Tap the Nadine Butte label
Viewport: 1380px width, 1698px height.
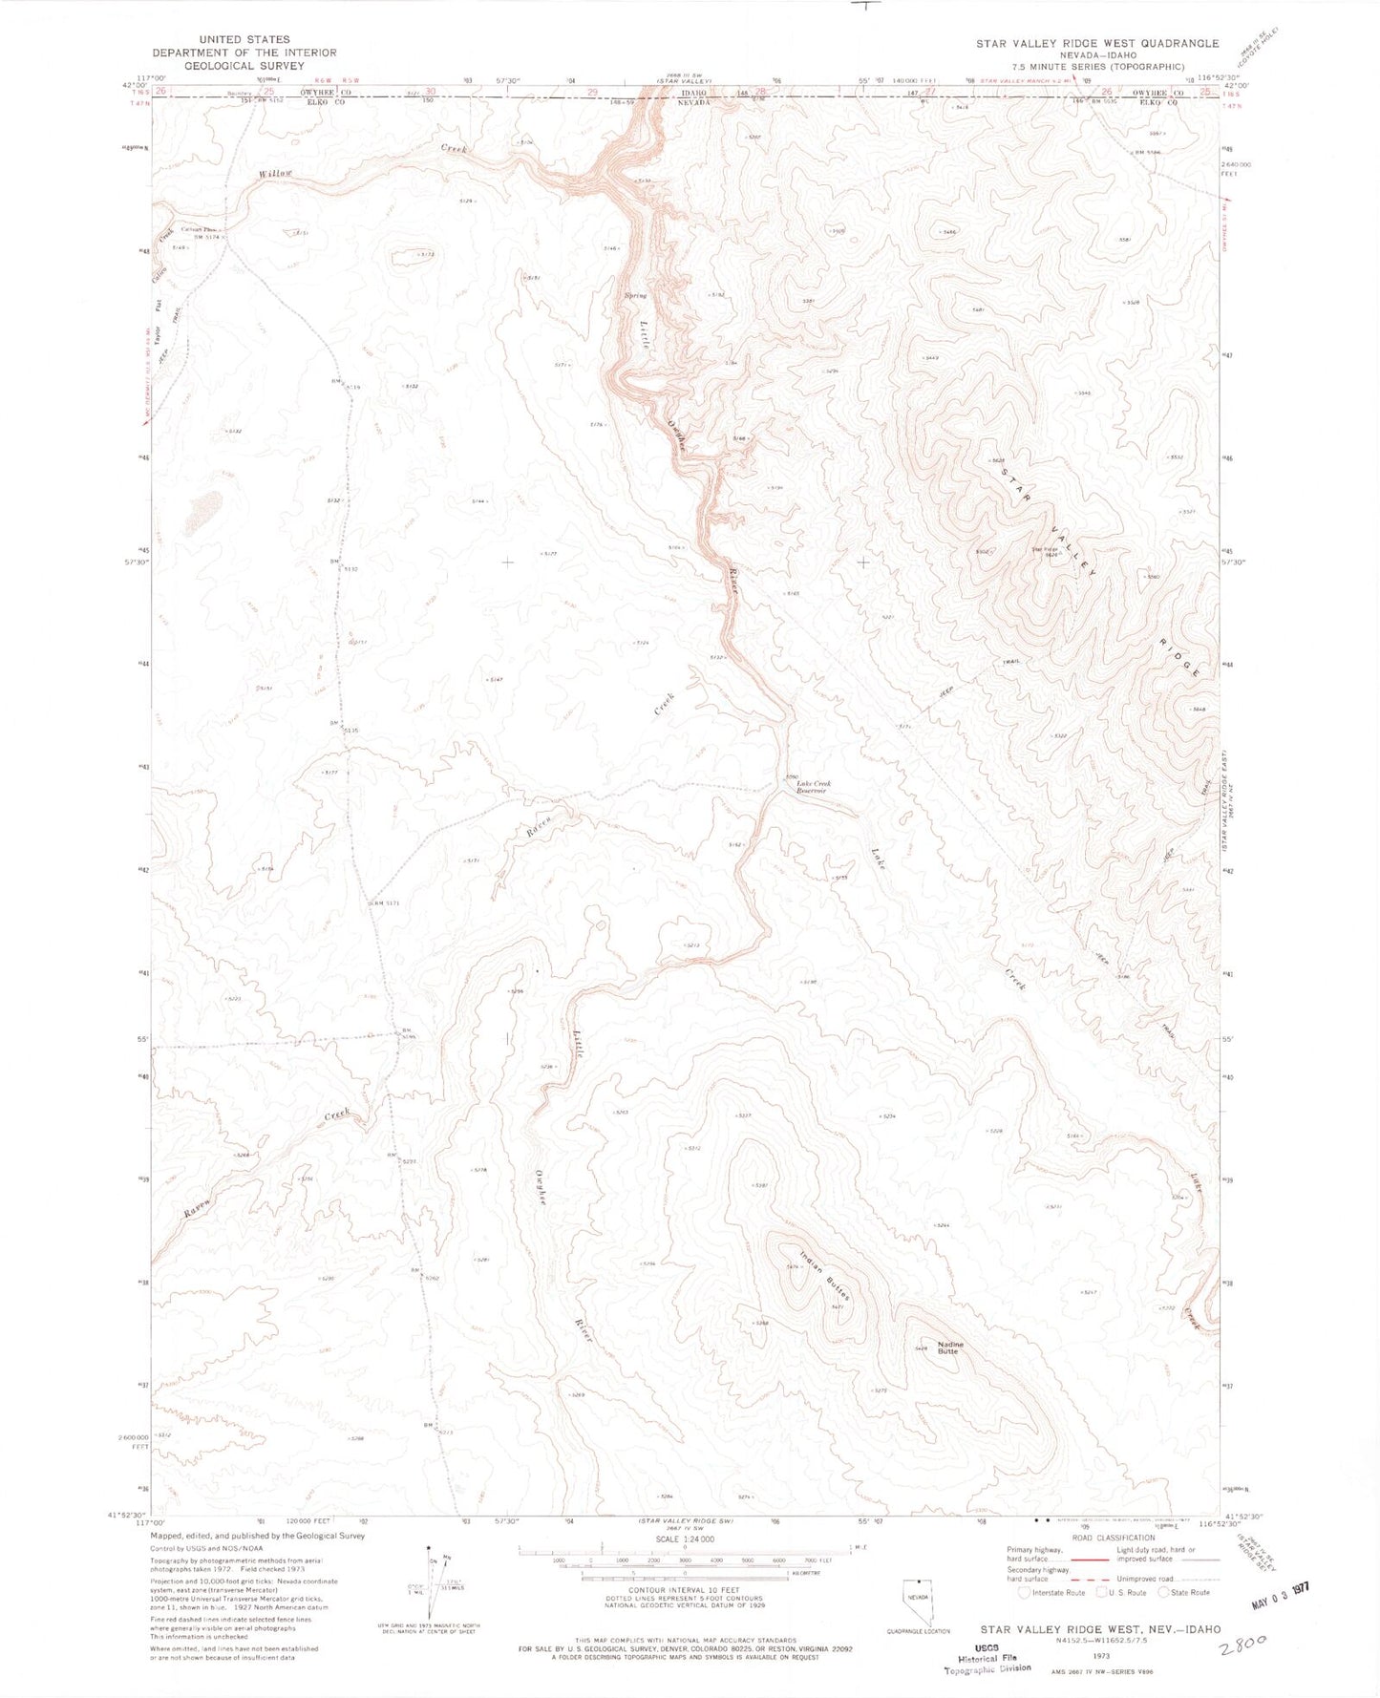coord(948,1348)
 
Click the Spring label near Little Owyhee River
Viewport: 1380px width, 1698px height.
coord(635,295)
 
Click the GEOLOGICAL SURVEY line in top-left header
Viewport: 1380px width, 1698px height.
coord(244,66)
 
